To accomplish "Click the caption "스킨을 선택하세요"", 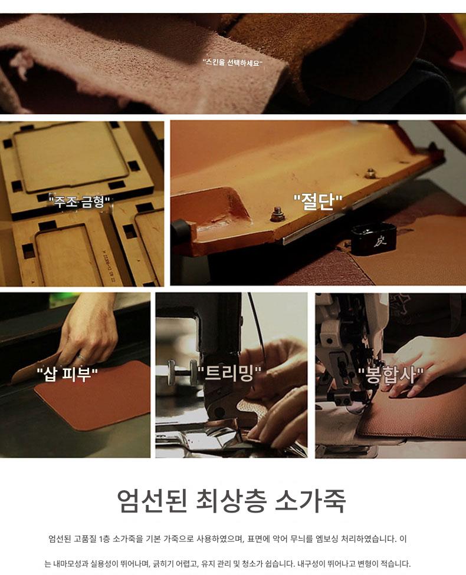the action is [233, 62].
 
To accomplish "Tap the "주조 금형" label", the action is [80, 201].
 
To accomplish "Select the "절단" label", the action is [318, 202].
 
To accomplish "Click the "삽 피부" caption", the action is [67, 375].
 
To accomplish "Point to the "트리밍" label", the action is [229, 374].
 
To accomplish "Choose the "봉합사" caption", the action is [390, 375].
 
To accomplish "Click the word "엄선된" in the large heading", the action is [152, 501].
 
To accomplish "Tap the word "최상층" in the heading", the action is [231, 501].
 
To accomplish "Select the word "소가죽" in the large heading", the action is [310, 501].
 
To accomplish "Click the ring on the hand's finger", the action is [81, 357].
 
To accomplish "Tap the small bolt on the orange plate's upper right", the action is [370, 173].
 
